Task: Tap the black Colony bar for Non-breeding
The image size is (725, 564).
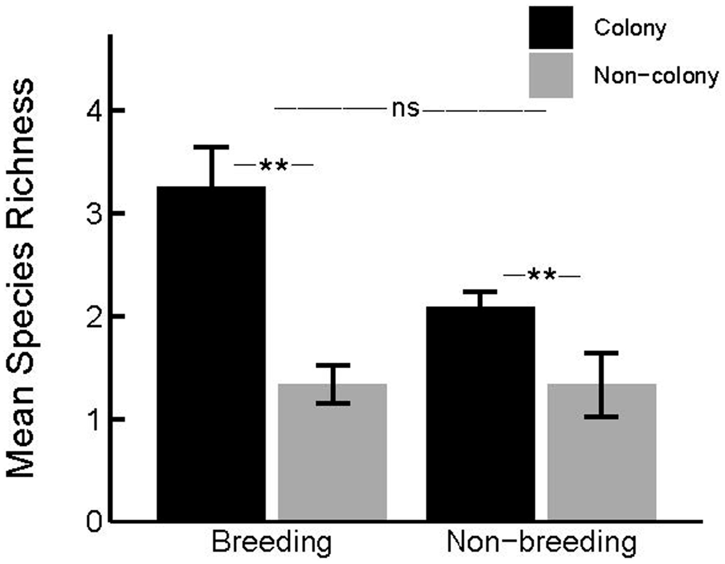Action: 481,413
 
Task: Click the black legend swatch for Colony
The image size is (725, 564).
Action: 551,28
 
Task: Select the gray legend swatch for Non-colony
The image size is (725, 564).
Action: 551,75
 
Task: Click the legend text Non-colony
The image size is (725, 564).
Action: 656,76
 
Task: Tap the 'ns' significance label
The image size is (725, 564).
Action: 405,109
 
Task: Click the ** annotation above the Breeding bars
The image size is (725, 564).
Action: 273,166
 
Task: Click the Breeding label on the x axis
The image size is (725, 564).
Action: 272,543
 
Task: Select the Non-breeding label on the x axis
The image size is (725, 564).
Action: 542,543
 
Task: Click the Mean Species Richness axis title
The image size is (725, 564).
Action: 21,278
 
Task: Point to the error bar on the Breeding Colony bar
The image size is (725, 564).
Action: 211,166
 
